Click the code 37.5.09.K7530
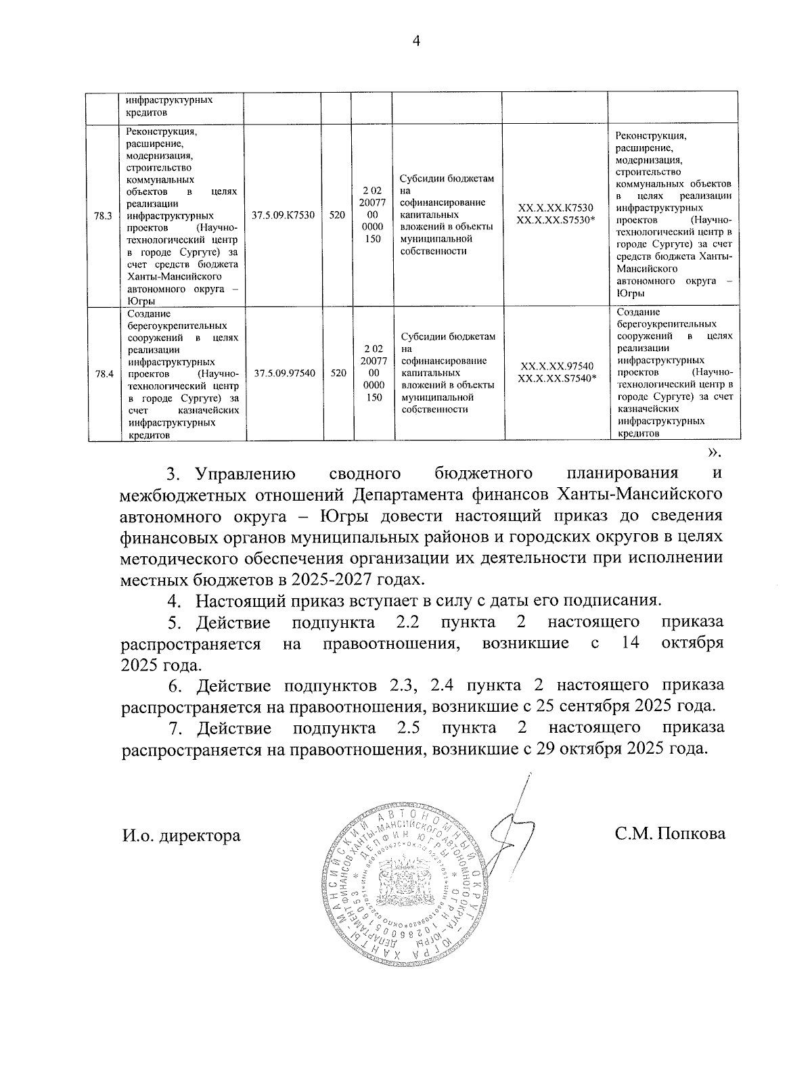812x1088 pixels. click(283, 216)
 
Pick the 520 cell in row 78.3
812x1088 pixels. click(337, 216)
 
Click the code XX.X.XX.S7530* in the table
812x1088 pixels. click(556, 221)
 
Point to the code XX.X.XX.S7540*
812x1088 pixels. click(557, 378)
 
